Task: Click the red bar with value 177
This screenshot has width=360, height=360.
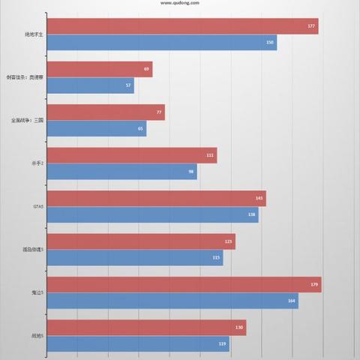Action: click(187, 26)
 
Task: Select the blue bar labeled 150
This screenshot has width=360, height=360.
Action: click(166, 43)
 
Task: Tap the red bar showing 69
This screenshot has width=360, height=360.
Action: click(104, 70)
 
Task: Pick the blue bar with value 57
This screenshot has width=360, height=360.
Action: click(95, 86)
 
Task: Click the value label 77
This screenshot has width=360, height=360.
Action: click(159, 112)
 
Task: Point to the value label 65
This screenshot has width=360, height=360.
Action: click(141, 129)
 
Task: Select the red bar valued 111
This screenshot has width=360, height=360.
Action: click(136, 155)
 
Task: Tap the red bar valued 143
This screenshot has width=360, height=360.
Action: click(161, 199)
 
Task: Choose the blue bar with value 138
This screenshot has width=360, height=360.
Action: click(157, 215)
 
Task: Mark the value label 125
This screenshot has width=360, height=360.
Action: click(229, 241)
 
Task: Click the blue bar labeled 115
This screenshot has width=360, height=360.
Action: click(139, 258)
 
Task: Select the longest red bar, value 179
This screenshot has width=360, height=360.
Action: click(189, 284)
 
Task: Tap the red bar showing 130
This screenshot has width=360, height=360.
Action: click(151, 328)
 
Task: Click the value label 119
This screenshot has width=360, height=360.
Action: click(223, 344)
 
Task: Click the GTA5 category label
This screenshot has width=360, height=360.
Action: click(39, 207)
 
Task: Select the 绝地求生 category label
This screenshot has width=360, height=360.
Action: click(34, 34)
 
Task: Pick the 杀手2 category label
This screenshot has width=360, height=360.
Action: click(37, 163)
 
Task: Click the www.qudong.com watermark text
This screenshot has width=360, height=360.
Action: click(180, 2)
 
